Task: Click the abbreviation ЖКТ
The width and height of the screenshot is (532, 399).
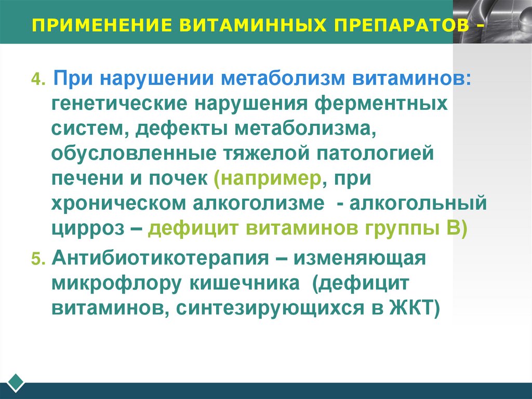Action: click(413, 308)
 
